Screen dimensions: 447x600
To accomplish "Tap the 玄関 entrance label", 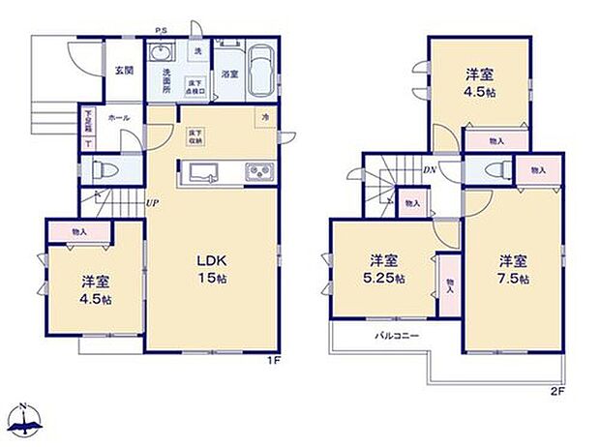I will pyautogui.click(x=123, y=70).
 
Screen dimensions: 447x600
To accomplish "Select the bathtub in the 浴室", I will pyautogui.click(x=259, y=73).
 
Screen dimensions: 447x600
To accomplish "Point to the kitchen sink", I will pyautogui.click(x=205, y=172).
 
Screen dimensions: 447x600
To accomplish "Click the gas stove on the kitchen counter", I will pyautogui.click(x=257, y=172).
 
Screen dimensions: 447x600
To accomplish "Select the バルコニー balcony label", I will pyautogui.click(x=397, y=337).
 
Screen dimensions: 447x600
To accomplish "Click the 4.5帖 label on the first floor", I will pyautogui.click(x=95, y=289).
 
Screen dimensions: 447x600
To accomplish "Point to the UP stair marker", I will pyautogui.click(x=153, y=202).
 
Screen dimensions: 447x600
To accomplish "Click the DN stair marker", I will pyautogui.click(x=430, y=169).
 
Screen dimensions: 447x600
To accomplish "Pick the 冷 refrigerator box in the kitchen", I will pyautogui.click(x=264, y=118).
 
